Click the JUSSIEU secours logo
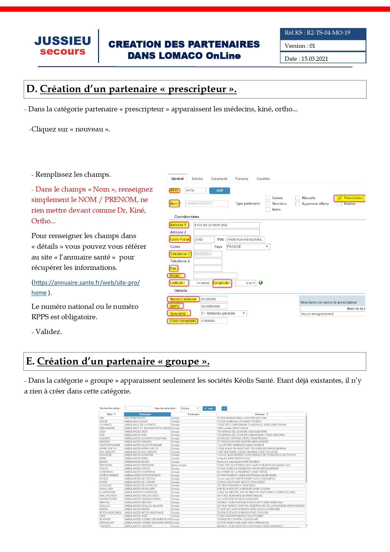pyautogui.click(x=63, y=46)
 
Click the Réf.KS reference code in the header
pyautogui.click(x=317, y=33)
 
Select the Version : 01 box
pyautogui.click(x=323, y=46)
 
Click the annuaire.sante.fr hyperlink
pyautogui.click(x=87, y=283)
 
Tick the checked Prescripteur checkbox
pyautogui.click(x=339, y=198)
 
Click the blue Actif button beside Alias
pyautogui.click(x=220, y=191)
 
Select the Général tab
pyautogui.click(x=177, y=179)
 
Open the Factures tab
pyautogui.click(x=242, y=179)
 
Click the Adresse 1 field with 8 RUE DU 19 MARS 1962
pyautogui.click(x=226, y=225)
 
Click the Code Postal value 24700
pyautogui.click(x=204, y=240)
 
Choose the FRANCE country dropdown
pyautogui.click(x=248, y=247)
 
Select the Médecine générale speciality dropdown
pyautogui.click(x=223, y=314)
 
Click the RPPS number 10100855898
pyautogui.click(x=213, y=306)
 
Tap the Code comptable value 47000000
pyautogui.click(x=213, y=321)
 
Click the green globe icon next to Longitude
pyautogui.click(x=261, y=283)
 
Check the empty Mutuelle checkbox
pyautogui.click(x=298, y=198)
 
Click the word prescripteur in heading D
pyautogui.click(x=197, y=89)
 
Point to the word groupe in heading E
pyautogui.click(x=182, y=362)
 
